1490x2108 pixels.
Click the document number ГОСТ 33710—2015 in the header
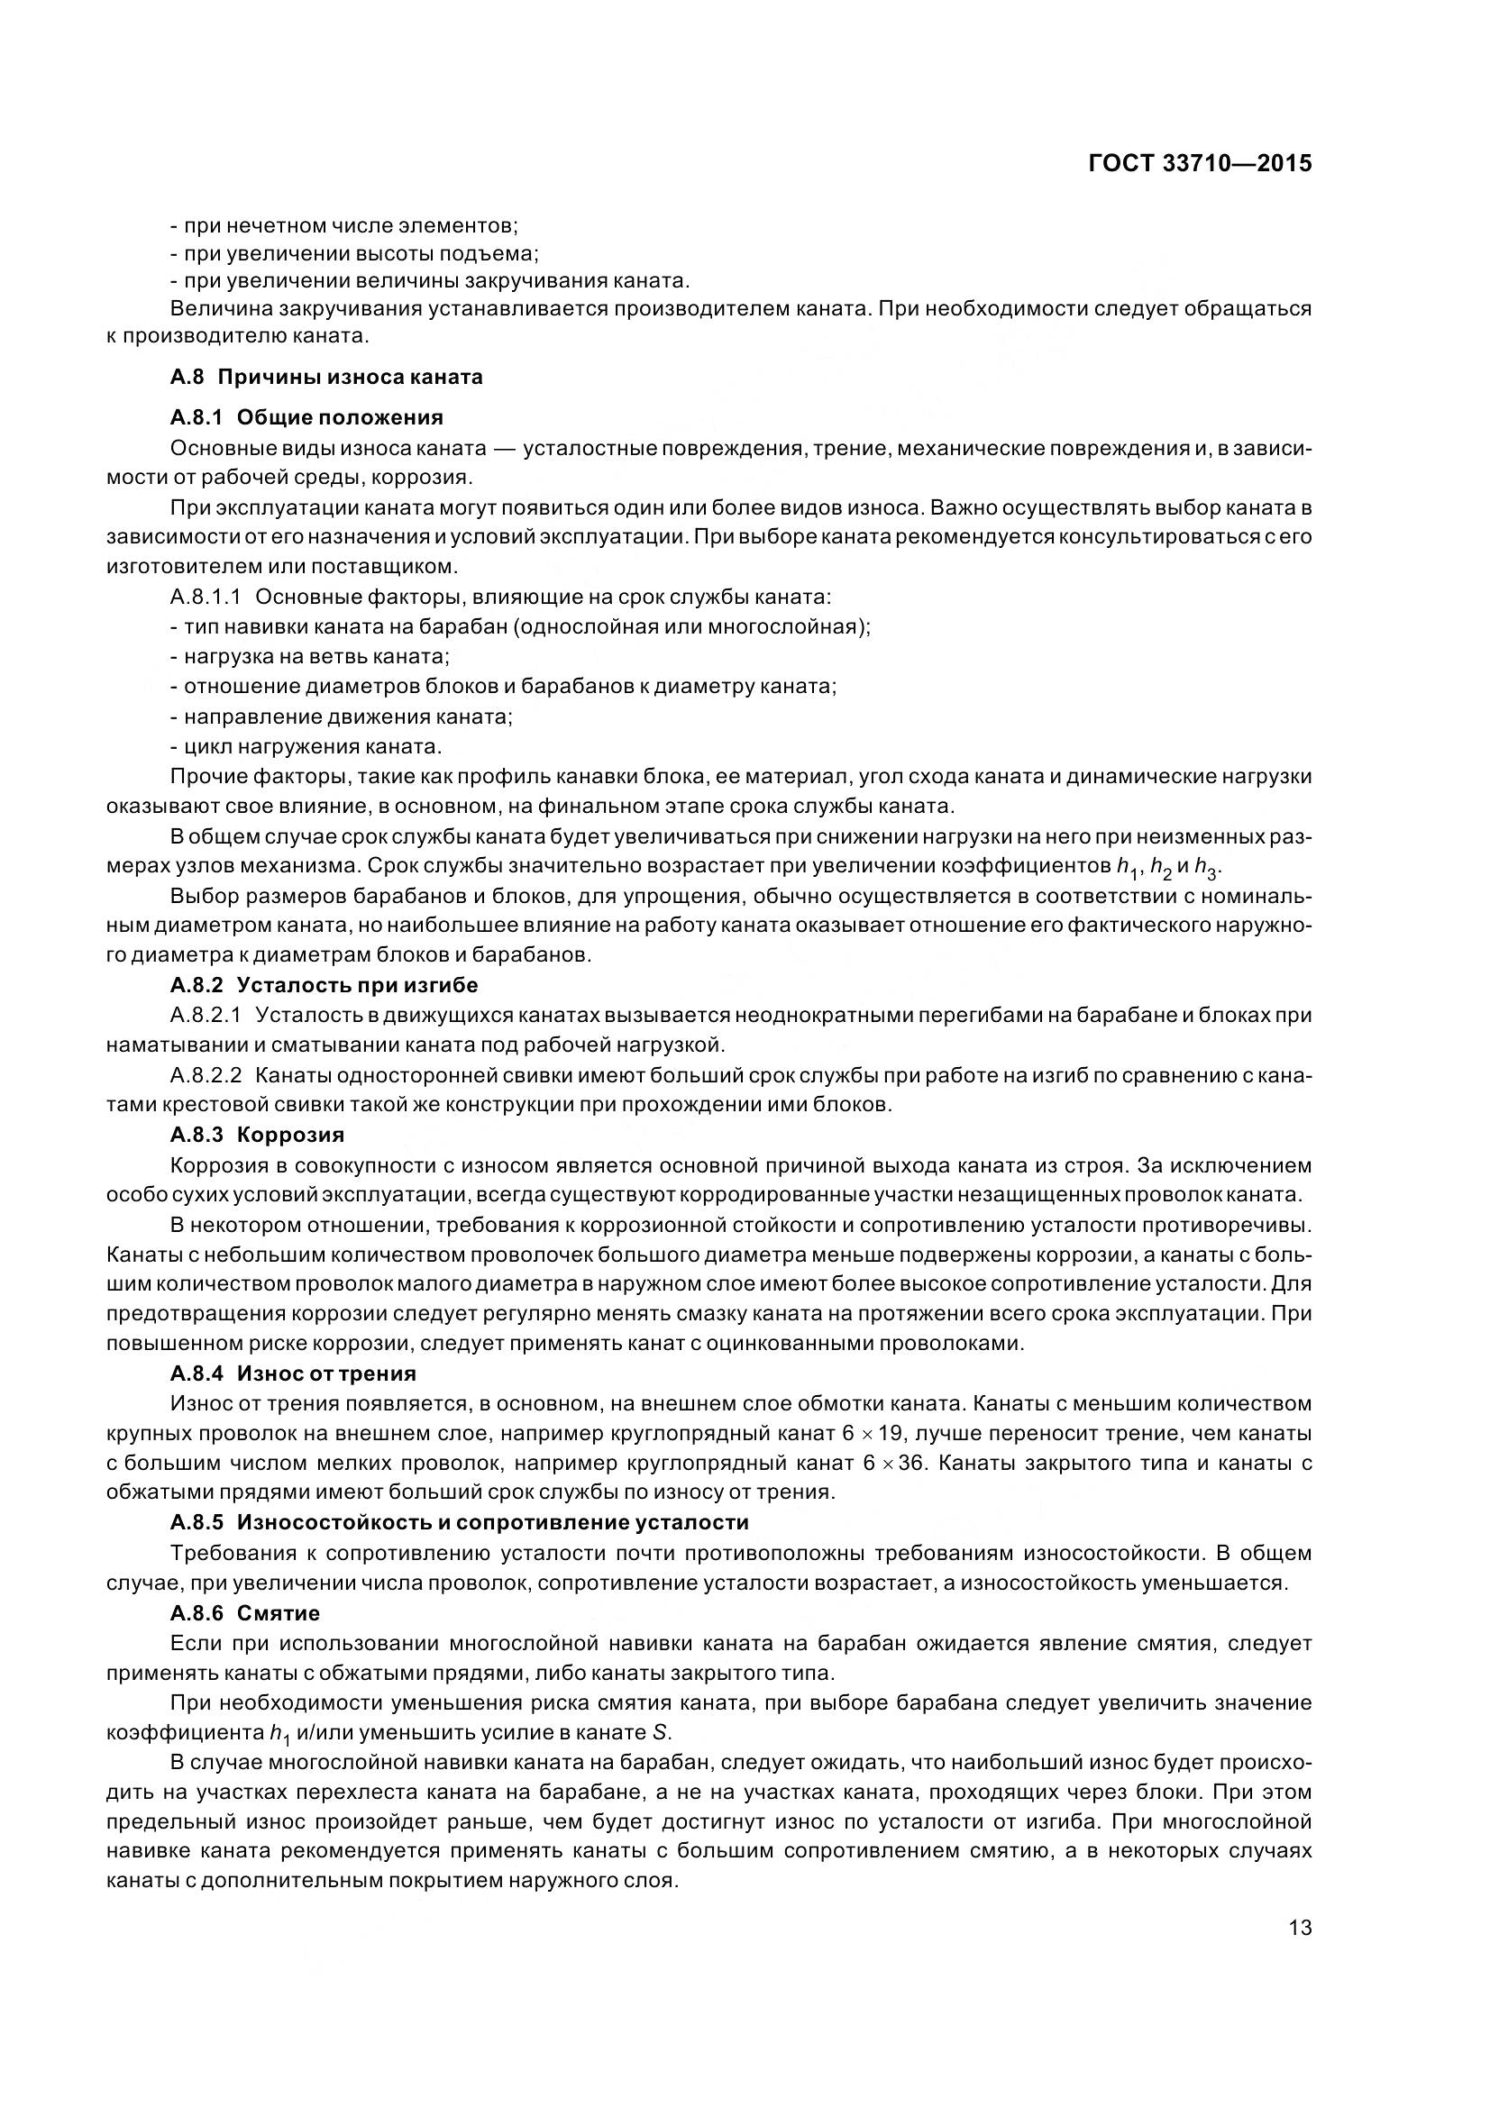point(1199,163)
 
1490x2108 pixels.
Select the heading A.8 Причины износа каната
point(326,377)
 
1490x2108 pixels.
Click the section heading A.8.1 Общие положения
point(306,418)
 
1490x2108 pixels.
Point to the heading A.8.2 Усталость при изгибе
point(325,985)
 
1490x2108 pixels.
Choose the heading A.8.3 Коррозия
point(257,1135)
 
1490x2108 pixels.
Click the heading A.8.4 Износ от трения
point(293,1373)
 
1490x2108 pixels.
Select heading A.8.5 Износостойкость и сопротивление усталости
point(459,1522)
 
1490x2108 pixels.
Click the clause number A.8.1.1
point(206,598)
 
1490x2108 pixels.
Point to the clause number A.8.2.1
point(206,1016)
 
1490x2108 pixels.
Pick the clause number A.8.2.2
point(206,1075)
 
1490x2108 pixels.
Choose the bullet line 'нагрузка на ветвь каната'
point(309,656)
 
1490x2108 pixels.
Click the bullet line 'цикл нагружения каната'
point(306,745)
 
